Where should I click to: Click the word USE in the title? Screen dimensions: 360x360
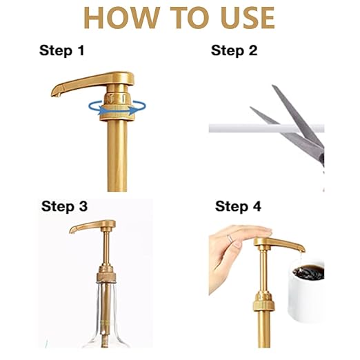[x=248, y=17]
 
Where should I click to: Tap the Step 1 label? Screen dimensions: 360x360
[x=61, y=50]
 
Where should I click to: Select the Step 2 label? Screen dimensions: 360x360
[x=234, y=50]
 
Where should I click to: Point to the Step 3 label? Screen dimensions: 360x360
[x=64, y=206]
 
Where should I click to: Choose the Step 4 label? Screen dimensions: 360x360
[x=238, y=206]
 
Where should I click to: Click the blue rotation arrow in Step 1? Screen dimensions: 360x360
[x=117, y=108]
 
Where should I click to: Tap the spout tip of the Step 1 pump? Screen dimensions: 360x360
[x=55, y=94]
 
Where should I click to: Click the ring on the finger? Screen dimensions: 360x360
[x=230, y=238]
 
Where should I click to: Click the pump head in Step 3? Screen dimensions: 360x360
[x=92, y=226]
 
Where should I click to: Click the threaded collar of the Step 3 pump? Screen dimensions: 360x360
[x=106, y=274]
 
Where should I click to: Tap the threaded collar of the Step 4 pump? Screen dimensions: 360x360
[x=264, y=301]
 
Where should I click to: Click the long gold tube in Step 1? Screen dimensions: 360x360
[x=117, y=156]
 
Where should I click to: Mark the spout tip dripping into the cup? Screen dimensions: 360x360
[x=302, y=250]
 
